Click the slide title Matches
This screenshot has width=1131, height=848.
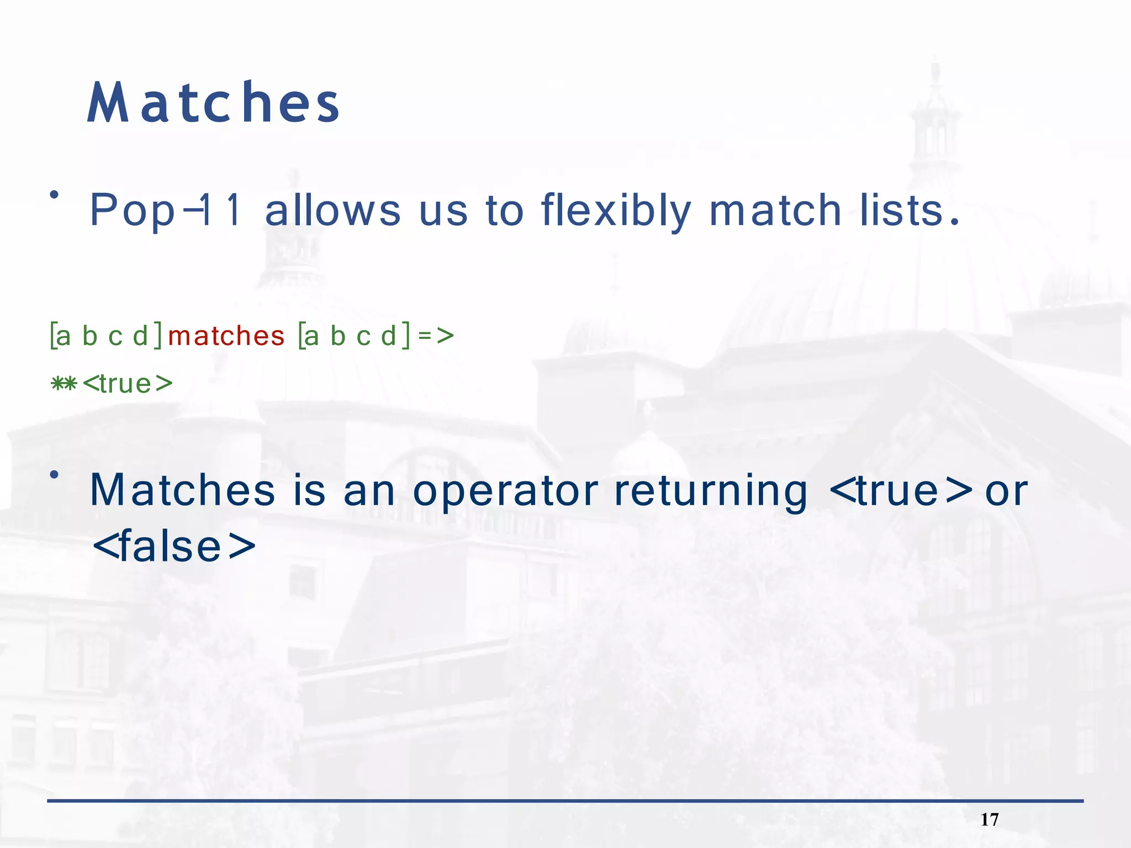tap(213, 103)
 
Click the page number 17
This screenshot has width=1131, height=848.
tap(989, 819)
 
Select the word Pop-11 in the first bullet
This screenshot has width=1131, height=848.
tap(165, 210)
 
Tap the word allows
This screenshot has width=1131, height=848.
tap(332, 210)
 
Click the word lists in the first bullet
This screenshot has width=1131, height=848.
tap(901, 210)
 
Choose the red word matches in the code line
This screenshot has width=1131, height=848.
tap(226, 336)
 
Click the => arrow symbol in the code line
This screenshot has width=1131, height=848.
tap(436, 335)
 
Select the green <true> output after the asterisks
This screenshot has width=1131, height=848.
tap(128, 384)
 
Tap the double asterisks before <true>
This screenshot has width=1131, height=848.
tap(64, 383)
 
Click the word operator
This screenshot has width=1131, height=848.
tap(505, 491)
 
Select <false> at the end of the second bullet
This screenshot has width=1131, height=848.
tap(174, 547)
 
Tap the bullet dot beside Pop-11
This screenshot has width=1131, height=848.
tap(54, 194)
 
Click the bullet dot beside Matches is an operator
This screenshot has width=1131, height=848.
tap(54, 474)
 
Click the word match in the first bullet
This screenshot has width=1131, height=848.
tap(775, 210)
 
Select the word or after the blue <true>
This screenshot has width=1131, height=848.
tap(1006, 491)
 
